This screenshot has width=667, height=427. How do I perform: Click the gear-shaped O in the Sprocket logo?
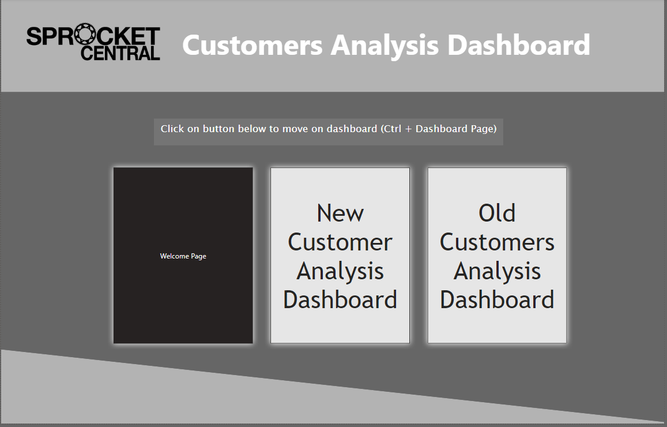click(x=85, y=36)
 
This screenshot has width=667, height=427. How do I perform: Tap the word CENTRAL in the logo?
click(x=120, y=54)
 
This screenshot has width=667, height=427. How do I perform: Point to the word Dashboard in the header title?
click(x=519, y=45)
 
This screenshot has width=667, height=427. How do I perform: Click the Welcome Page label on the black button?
click(x=183, y=256)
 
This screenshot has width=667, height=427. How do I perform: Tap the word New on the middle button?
click(x=340, y=213)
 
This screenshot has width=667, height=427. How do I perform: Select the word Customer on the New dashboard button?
click(x=340, y=242)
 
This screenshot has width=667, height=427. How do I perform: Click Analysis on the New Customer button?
click(x=340, y=271)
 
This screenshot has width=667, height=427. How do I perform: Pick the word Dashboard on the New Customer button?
click(x=340, y=300)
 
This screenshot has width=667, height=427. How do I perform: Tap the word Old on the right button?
click(x=497, y=213)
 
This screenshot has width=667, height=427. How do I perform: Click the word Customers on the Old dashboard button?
click(x=497, y=242)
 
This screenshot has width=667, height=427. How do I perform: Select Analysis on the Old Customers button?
click(x=497, y=271)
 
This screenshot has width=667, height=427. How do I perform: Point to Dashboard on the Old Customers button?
click(x=497, y=300)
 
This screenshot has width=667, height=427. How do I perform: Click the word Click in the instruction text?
click(x=172, y=129)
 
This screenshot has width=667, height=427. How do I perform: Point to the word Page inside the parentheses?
click(x=481, y=129)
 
